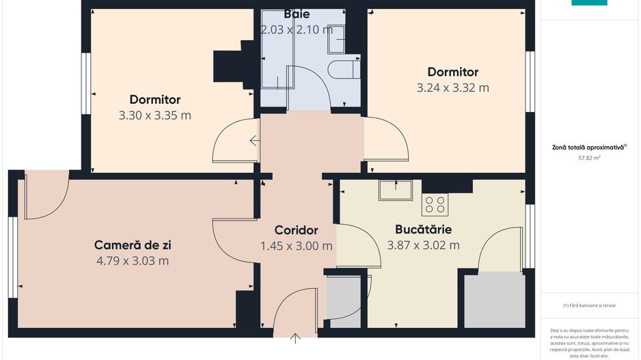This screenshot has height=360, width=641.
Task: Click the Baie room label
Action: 297,14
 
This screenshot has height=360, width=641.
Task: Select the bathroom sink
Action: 337,43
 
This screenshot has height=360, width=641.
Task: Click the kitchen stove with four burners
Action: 435,204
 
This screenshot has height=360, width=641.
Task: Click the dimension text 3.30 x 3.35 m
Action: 155,115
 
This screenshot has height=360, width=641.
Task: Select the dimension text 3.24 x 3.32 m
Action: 452,87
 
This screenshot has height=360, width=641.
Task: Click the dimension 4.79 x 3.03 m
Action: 133,260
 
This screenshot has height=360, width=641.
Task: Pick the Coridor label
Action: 296,230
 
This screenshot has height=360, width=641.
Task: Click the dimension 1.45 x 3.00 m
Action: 296,246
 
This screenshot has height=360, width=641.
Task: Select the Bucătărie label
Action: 423,230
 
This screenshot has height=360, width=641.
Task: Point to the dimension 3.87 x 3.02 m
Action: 423,245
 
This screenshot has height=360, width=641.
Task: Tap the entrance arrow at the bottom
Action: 295,337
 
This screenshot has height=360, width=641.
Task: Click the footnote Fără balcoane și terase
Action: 589,305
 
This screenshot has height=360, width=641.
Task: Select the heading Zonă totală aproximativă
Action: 589,147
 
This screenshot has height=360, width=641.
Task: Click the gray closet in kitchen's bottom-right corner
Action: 493,300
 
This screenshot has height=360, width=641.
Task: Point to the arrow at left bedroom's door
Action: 254,141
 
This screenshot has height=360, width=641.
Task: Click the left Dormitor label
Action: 155,100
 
